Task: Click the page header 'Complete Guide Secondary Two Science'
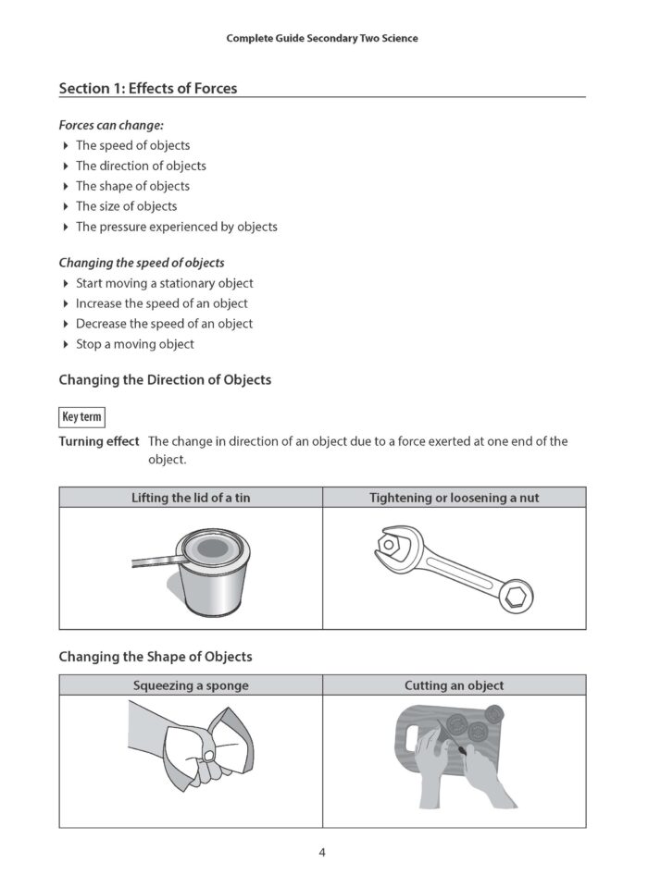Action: click(322, 39)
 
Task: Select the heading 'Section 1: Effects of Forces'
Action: click(148, 89)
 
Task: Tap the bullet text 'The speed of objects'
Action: click(132, 145)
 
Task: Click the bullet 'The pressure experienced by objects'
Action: click(176, 227)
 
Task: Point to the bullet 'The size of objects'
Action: click(126, 206)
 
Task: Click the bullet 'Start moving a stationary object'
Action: click(164, 283)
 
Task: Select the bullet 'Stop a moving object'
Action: click(134, 344)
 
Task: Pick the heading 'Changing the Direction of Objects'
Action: click(165, 380)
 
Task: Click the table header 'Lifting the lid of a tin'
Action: click(191, 498)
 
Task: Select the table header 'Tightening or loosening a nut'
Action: click(454, 498)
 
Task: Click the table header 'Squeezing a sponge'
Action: click(191, 685)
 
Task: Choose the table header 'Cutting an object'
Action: click(454, 685)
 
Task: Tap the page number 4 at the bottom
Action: click(322, 853)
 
